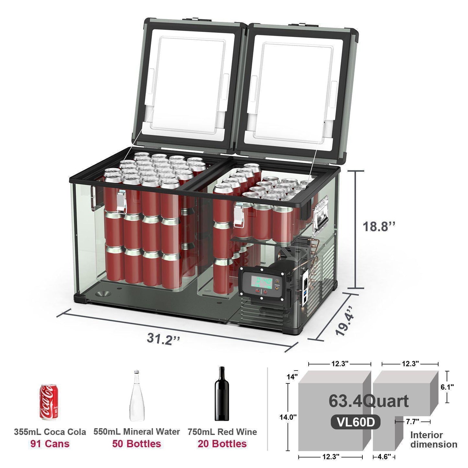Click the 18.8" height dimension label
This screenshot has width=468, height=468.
(x=379, y=226)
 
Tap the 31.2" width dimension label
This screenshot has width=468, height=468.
(x=163, y=338)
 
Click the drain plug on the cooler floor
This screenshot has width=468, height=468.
(x=103, y=293)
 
